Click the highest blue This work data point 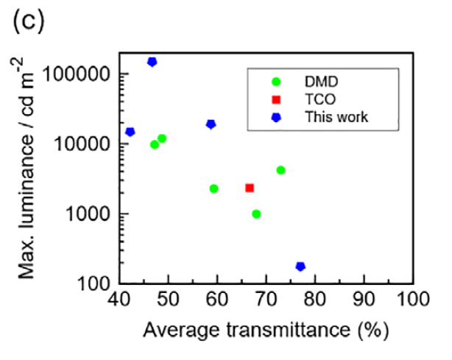(x=152, y=62)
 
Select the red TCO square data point (x=250, y=188)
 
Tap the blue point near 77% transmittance (x=300, y=267)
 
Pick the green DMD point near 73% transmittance (x=280, y=170)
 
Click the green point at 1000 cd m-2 (x=256, y=214)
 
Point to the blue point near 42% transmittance (x=130, y=132)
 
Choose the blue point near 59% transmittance (x=211, y=124)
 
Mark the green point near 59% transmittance (x=214, y=188)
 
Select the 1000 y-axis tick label (x=90, y=214)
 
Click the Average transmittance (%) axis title (x=265, y=330)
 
